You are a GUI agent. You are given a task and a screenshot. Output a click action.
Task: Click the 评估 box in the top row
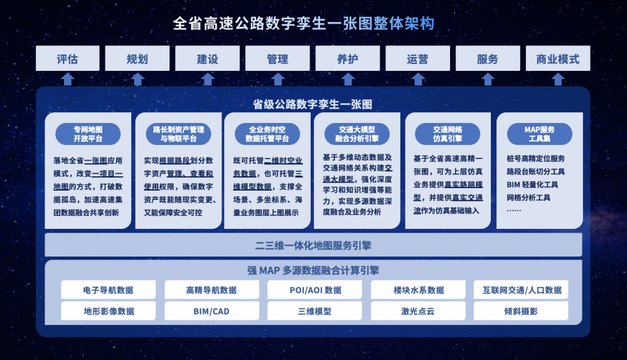[x=68, y=58]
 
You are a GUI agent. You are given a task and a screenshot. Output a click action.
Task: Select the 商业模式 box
[x=558, y=58]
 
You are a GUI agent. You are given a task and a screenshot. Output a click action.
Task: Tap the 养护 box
[x=348, y=58]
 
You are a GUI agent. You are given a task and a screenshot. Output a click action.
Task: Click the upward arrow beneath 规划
[x=137, y=79]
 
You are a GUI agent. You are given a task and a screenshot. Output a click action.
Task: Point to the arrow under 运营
[x=418, y=79]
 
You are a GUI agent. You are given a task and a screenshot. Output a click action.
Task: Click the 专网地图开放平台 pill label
[x=88, y=134]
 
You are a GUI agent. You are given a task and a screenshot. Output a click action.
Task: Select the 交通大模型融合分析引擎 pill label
[x=357, y=134]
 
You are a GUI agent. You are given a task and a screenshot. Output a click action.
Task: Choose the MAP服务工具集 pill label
[x=539, y=134]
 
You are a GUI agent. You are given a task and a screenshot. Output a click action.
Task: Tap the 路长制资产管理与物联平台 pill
[x=178, y=134]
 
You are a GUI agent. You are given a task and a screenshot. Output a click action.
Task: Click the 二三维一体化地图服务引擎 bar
[x=314, y=245]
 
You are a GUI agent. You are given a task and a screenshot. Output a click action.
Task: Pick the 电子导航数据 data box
[x=109, y=290]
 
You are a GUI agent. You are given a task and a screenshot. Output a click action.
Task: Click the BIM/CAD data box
[x=212, y=311]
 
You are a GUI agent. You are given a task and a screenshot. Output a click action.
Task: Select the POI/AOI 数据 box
[x=314, y=290]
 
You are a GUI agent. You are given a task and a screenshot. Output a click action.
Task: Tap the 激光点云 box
[x=418, y=311]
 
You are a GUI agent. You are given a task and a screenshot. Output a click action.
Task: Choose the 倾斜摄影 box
[x=521, y=311]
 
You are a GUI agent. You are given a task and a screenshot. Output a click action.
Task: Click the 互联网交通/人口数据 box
[x=521, y=290]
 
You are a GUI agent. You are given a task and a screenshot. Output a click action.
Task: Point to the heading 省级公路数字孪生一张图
[x=313, y=104]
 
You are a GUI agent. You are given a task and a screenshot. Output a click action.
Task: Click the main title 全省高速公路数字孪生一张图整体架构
[x=304, y=23]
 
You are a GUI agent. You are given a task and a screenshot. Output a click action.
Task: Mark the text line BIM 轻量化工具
[x=532, y=184]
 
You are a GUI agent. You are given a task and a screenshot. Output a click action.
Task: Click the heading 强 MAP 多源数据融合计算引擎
[x=313, y=270]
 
